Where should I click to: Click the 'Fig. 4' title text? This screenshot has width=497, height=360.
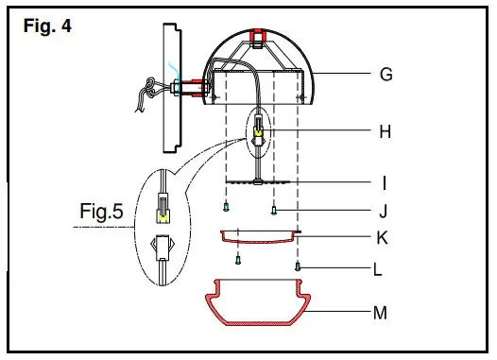pos(46,26)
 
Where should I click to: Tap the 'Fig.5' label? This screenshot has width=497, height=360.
pos(101,213)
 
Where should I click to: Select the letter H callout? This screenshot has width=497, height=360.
pos(385,131)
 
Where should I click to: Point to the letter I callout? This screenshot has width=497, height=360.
pos(385,181)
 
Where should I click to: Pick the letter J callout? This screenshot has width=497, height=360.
pos(383,210)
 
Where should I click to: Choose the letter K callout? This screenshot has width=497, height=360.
pos(382,237)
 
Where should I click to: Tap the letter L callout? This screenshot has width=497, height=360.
pos(377,269)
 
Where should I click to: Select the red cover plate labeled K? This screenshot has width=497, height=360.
pos(258,235)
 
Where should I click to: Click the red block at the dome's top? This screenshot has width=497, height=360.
pos(256,38)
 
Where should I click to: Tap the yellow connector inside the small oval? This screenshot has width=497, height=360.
pos(258,132)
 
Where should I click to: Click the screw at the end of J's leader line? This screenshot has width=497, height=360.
pos(274,210)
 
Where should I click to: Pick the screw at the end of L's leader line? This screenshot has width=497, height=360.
pos(298,268)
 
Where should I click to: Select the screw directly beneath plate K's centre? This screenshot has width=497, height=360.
pos(239,257)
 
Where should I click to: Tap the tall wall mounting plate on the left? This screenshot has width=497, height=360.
pos(170,87)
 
